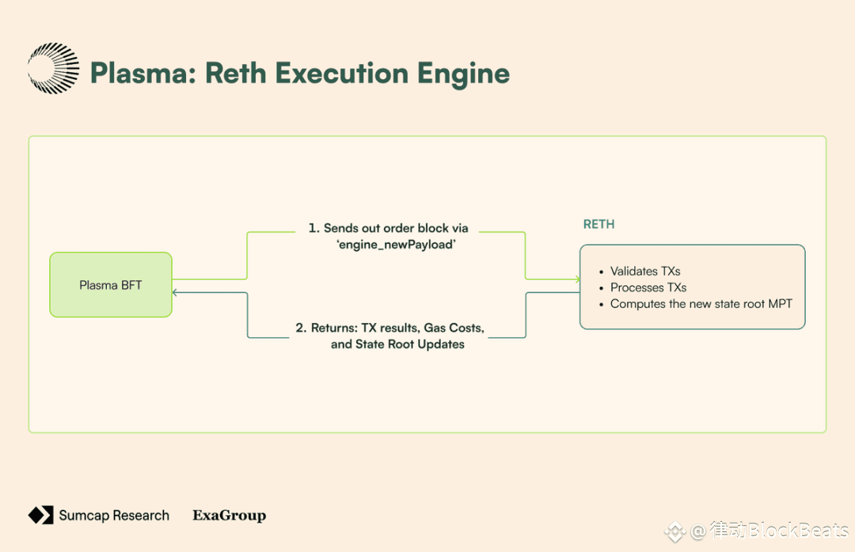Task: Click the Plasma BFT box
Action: tap(111, 285)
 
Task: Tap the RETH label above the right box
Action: tap(598, 224)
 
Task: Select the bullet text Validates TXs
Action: tap(645, 271)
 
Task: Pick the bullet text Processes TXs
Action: tap(648, 287)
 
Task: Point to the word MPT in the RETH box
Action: tap(780, 304)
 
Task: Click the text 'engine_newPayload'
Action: tap(396, 245)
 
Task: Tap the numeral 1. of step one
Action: tap(314, 228)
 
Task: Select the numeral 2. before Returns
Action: tap(301, 328)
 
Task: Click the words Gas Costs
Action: tap(454, 328)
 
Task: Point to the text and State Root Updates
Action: tap(397, 345)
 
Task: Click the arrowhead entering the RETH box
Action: tap(577, 280)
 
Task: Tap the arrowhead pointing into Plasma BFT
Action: tap(175, 293)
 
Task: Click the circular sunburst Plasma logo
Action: tap(54, 68)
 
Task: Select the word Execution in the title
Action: tap(342, 73)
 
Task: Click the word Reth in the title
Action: tap(236, 73)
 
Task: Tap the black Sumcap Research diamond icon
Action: tap(41, 515)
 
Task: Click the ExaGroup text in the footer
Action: tap(229, 516)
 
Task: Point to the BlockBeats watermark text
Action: tap(798, 530)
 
